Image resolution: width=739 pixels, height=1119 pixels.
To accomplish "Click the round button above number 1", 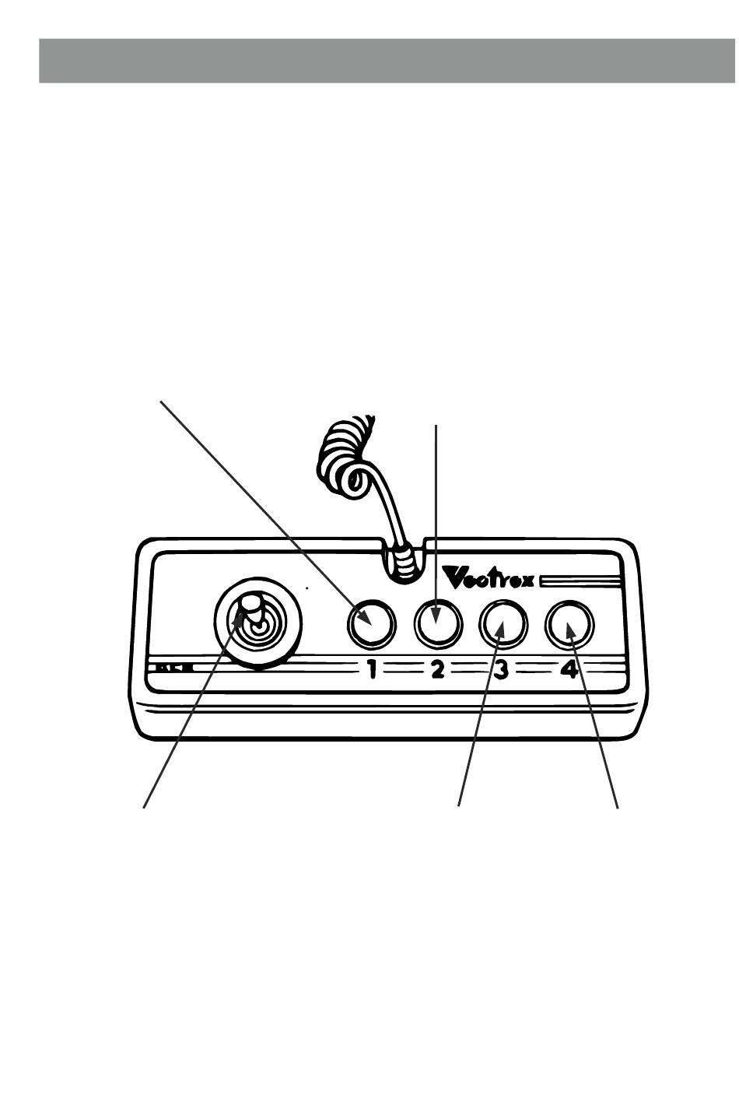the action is tap(369, 624).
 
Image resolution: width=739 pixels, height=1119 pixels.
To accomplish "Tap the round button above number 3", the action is tap(503, 624).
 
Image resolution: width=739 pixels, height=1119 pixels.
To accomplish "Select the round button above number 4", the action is tap(569, 624).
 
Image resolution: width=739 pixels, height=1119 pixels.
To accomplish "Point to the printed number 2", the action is tap(438, 668).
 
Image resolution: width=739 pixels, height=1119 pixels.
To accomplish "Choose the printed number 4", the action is tap(569, 668).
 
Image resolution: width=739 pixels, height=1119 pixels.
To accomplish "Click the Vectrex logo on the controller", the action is tap(489, 578).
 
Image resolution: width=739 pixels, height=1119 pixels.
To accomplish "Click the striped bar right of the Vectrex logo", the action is tap(580, 580).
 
